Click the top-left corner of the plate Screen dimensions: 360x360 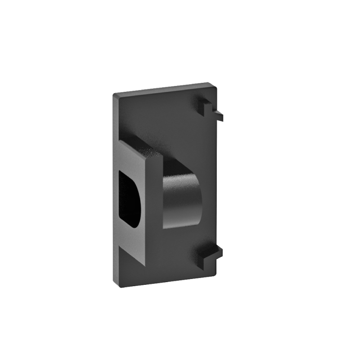click(114, 94)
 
